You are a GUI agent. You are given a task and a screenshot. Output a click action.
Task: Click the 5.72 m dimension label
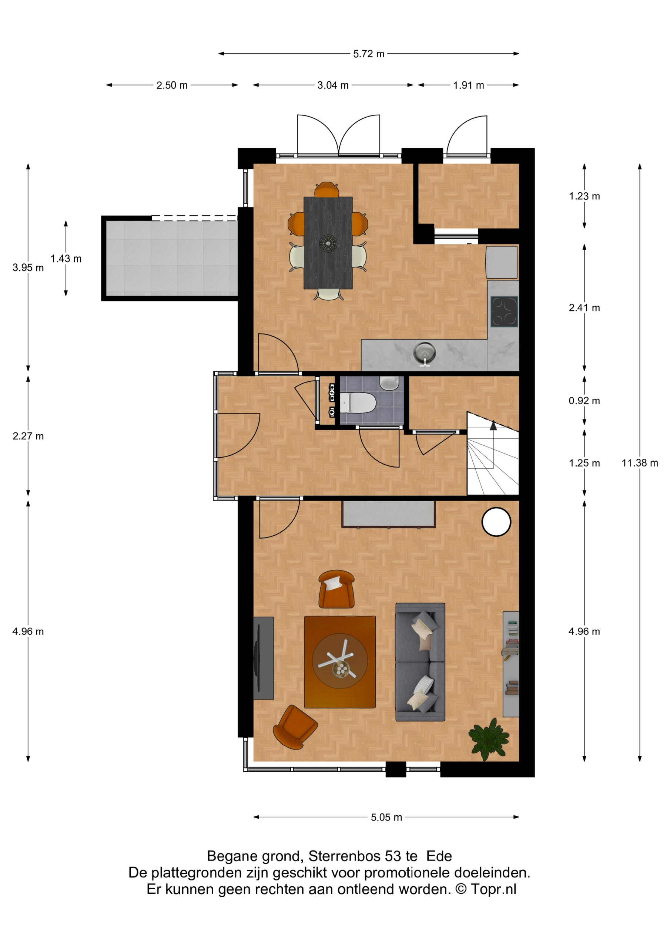(369, 54)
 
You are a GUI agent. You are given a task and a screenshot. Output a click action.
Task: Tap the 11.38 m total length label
(640, 463)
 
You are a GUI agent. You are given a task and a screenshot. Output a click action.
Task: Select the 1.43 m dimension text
(66, 259)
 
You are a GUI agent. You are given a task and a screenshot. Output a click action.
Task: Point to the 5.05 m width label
(386, 817)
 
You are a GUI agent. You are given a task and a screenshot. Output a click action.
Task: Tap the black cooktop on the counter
(504, 311)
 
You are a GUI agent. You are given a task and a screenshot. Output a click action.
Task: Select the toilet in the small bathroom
(358, 402)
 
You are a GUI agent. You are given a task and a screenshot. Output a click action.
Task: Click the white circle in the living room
(496, 522)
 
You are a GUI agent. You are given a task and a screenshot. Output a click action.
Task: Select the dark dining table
(328, 243)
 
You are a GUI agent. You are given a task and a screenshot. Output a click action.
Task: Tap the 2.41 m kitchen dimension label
(584, 308)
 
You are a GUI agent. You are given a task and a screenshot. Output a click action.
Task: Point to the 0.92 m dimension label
(584, 401)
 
